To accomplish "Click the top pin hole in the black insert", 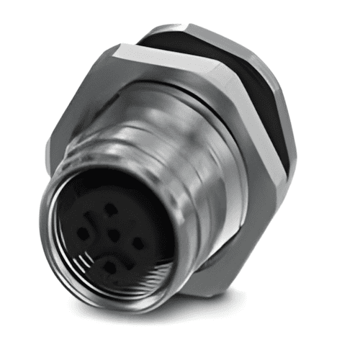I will (x=110, y=208).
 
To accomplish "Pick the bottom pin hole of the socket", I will (x=108, y=265).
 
